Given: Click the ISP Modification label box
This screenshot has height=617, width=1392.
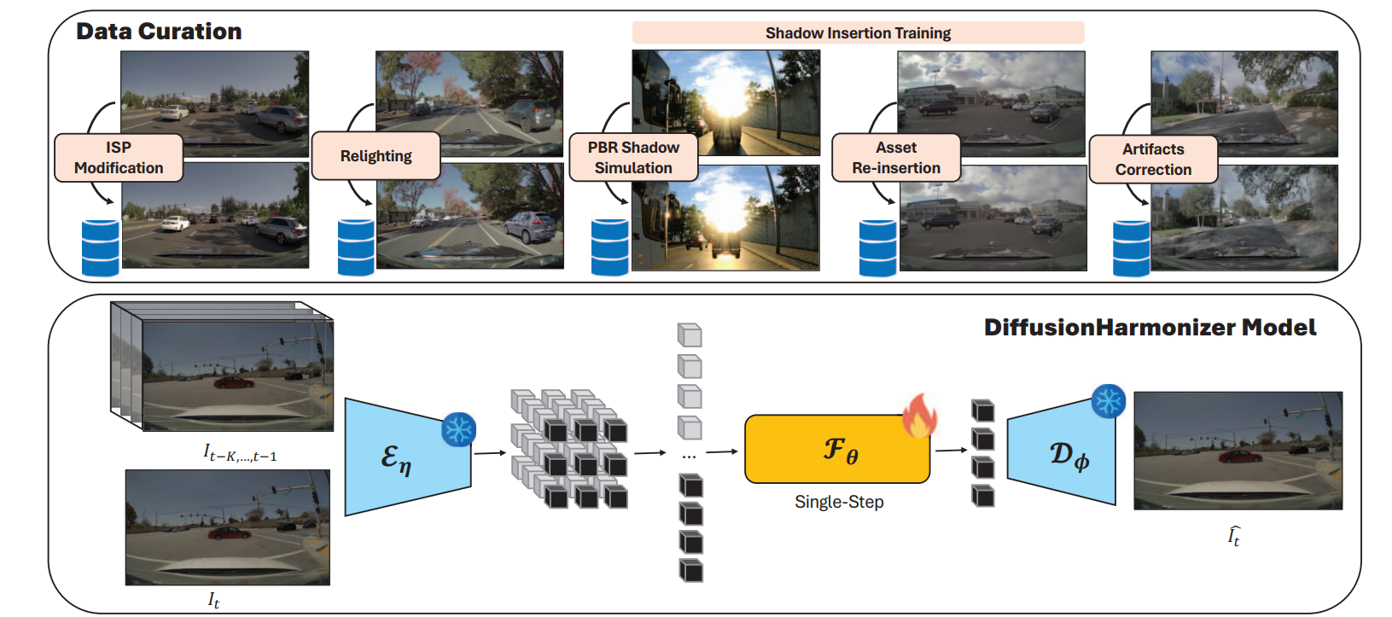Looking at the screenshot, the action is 119,158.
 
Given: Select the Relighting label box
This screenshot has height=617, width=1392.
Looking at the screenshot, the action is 376,156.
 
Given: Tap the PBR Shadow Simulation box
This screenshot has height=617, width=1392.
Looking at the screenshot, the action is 633,158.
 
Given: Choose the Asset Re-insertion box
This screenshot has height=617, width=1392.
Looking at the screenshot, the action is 896,158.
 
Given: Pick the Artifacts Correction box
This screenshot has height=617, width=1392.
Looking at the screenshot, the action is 1153,159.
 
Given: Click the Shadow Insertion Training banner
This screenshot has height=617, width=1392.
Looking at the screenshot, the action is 859,33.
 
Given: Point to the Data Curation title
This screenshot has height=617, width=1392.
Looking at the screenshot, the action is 159,31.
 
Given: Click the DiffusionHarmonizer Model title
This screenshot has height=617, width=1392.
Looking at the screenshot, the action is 1150,328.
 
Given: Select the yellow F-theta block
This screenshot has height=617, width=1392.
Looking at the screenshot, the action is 837,449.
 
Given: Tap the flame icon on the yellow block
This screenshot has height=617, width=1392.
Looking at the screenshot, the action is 920,415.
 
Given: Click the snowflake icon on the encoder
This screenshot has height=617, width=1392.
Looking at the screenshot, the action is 458,430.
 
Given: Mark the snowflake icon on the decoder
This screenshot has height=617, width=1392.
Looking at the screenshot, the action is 1109,401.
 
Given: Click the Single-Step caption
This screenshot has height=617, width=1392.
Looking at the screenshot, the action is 839,502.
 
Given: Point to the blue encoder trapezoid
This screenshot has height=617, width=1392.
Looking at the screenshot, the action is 408,457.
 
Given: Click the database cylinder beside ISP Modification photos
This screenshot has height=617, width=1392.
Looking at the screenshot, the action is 101,248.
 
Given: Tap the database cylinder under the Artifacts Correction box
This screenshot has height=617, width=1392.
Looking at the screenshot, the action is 1131,248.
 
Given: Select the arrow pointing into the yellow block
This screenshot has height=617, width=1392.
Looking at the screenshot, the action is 722,451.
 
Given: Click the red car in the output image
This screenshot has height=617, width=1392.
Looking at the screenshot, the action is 1240,457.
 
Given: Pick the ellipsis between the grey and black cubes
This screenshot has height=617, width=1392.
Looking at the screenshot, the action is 689,457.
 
